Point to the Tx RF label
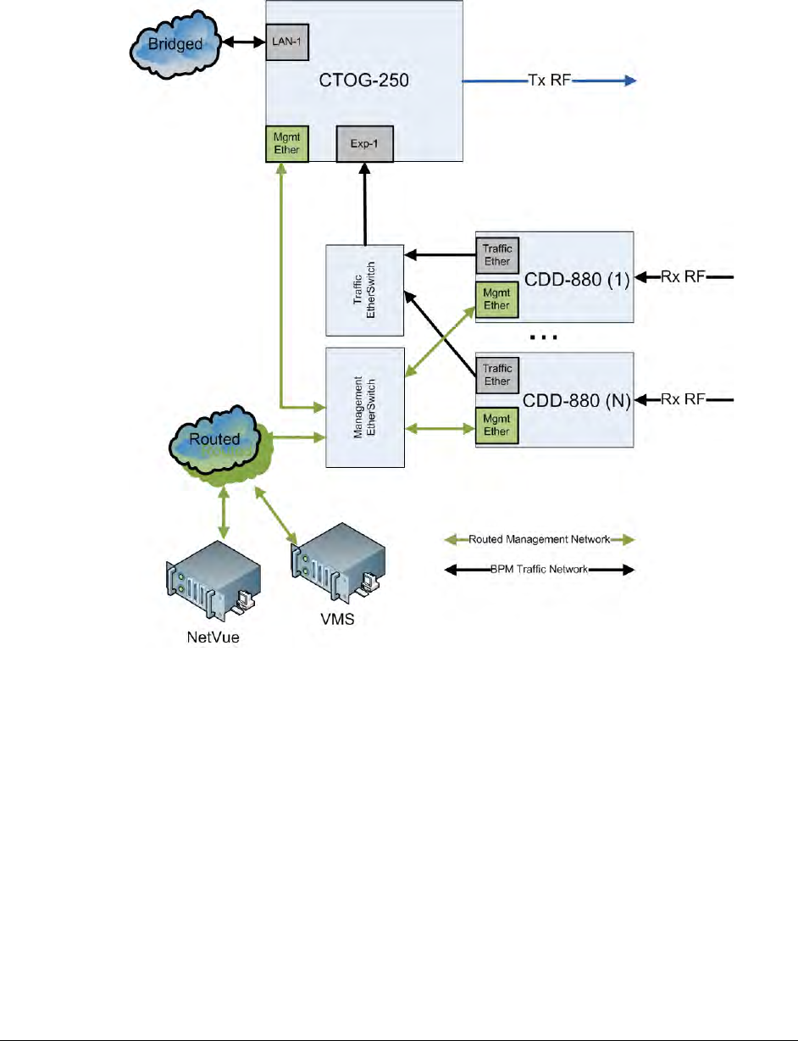coord(547,81)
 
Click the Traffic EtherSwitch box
coord(363,291)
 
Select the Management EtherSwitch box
coord(363,406)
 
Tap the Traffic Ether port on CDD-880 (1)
coord(496,255)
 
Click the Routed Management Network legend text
coord(540,539)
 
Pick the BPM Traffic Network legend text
coord(540,570)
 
